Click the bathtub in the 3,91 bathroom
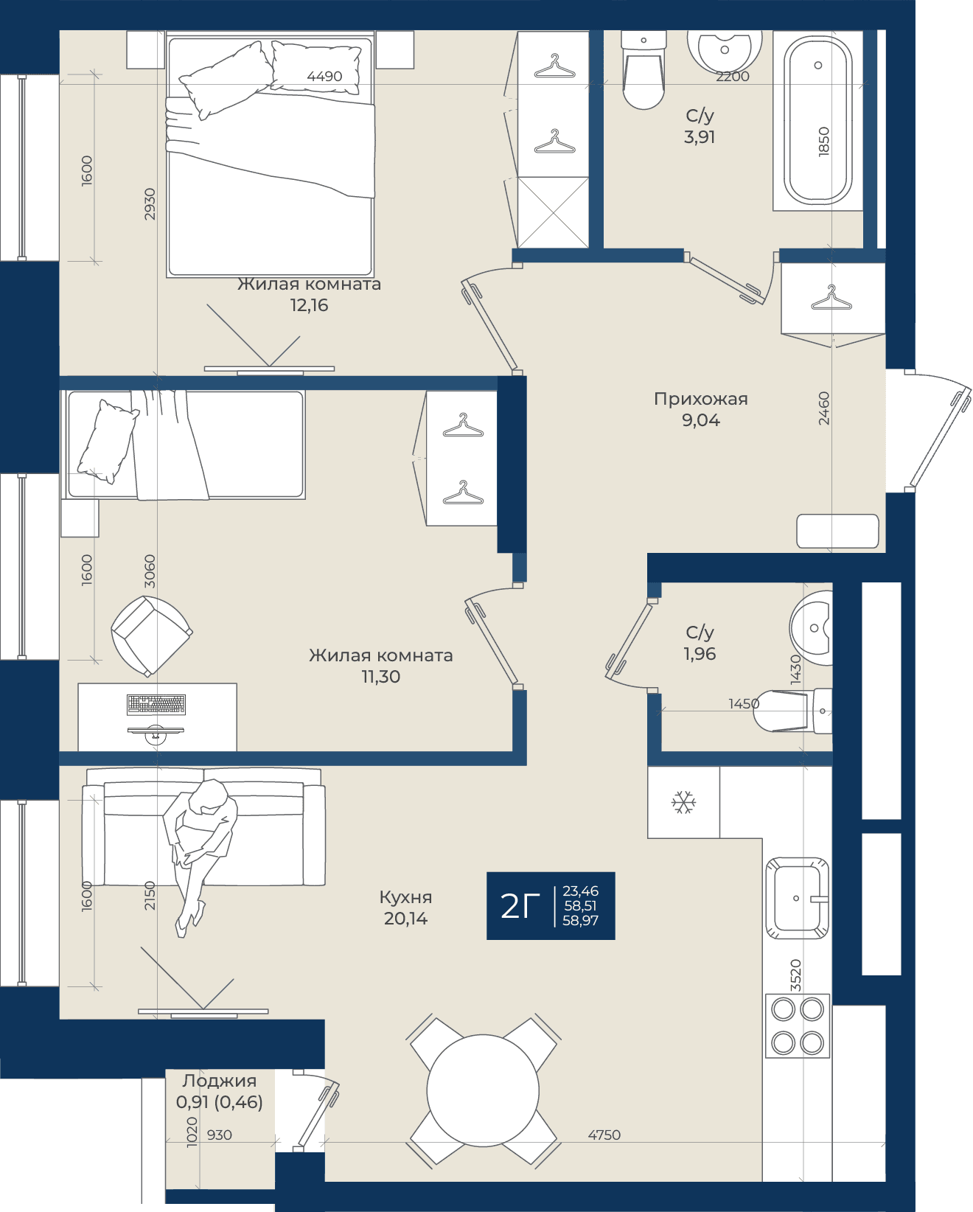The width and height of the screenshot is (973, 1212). tap(817, 121)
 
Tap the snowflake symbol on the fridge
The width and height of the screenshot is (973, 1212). tap(683, 802)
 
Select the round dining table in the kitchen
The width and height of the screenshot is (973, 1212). tap(483, 1090)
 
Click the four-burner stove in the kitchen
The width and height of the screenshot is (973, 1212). tap(798, 1025)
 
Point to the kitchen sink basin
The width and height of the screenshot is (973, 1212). tap(797, 898)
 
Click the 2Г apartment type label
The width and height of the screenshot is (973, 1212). tap(520, 906)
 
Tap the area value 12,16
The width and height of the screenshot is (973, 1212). tap(309, 305)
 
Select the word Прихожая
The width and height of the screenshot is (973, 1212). tap(700, 399)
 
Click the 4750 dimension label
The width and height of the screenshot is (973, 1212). tap(604, 1135)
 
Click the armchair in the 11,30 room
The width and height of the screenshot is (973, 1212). tap(152, 635)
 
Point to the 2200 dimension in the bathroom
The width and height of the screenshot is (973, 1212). tap(733, 77)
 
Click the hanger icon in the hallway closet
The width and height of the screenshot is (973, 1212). tap(831, 298)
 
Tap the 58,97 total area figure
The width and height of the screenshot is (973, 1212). tap(581, 920)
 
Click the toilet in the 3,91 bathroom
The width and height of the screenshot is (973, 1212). tap(644, 70)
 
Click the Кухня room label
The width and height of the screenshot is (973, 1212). tap(405, 896)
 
